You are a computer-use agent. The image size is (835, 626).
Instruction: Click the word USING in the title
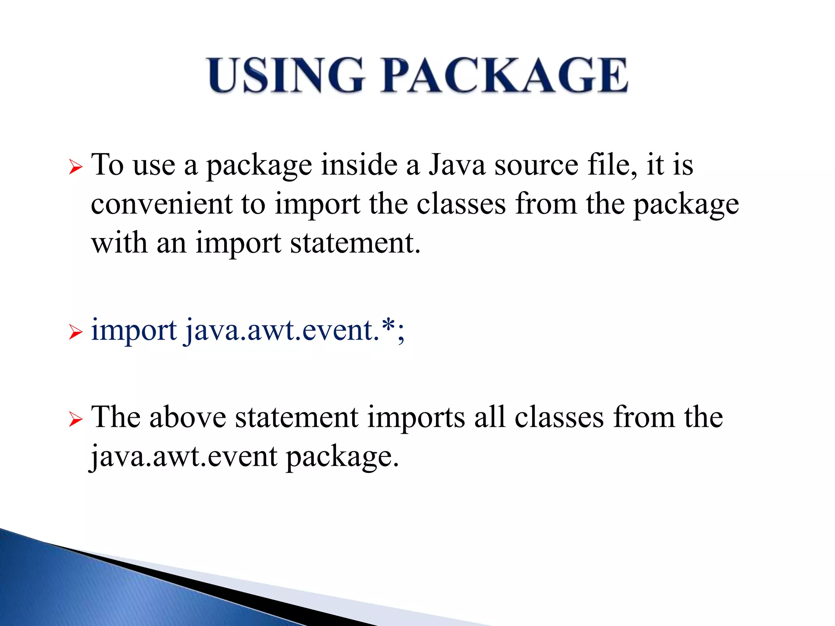pyautogui.click(x=285, y=75)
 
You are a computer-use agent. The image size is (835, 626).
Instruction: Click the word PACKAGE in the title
pyautogui.click(x=504, y=75)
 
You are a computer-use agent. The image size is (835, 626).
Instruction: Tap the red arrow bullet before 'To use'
pyautogui.click(x=76, y=167)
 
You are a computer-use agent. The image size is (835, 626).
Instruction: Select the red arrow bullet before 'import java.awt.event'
pyautogui.click(x=76, y=332)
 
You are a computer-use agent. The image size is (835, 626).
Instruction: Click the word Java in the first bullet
pyautogui.click(x=457, y=165)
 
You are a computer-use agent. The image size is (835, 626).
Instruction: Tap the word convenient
pyautogui.click(x=161, y=204)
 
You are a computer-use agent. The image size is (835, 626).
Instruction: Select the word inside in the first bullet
pyautogui.click(x=359, y=165)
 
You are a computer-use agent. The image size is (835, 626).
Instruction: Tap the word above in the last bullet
pyautogui.click(x=188, y=417)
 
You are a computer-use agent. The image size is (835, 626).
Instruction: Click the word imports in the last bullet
pyautogui.click(x=416, y=418)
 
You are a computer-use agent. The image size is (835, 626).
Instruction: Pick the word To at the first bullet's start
pyautogui.click(x=107, y=165)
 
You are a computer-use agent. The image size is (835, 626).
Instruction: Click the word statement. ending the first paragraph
pyautogui.click(x=355, y=243)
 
